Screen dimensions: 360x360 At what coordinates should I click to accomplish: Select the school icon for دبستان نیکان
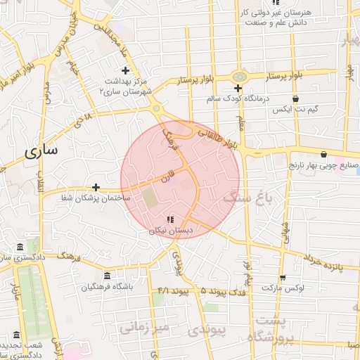point(169,219)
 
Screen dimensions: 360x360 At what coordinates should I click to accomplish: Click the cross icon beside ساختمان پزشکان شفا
point(96,187)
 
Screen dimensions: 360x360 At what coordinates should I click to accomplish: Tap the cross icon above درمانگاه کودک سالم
point(238,89)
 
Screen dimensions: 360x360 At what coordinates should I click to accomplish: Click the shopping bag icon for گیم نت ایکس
point(296,98)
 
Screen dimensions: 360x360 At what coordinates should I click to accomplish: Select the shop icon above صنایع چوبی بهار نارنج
point(323,154)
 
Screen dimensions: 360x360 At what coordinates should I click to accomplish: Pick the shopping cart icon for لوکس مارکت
point(283,277)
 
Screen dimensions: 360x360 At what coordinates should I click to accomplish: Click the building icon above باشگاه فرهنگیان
point(107,276)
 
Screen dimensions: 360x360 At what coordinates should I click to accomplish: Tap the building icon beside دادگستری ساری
point(18,247)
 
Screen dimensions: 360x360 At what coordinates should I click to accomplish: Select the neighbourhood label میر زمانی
point(144,327)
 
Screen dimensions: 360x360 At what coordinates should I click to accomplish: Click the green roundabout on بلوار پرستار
point(240,75)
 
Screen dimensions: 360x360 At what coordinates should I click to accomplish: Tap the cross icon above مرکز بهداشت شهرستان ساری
point(126,70)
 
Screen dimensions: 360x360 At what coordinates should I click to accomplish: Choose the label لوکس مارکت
point(281,288)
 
